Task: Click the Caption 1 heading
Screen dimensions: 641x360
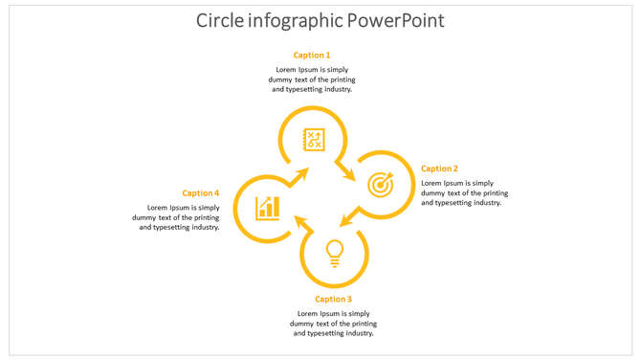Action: pyautogui.click(x=312, y=56)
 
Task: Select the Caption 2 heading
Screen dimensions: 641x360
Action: pyautogui.click(x=439, y=169)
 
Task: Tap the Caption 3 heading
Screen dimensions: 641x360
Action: pyautogui.click(x=333, y=300)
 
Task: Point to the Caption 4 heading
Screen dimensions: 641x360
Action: pyautogui.click(x=201, y=193)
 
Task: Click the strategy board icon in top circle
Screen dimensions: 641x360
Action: pyautogui.click(x=314, y=140)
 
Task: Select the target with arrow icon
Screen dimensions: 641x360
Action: pyautogui.click(x=381, y=183)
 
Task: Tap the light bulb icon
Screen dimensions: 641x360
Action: pyautogui.click(x=334, y=253)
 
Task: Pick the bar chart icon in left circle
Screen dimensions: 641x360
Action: pyautogui.click(x=268, y=208)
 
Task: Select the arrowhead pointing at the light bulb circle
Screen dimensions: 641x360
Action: pyautogui.click(x=346, y=223)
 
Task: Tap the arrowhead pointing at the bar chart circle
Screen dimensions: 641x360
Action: pyautogui.click(x=301, y=223)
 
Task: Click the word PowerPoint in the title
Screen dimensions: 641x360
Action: pyautogui.click(x=395, y=20)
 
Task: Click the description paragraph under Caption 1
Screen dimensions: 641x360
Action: pyautogui.click(x=312, y=79)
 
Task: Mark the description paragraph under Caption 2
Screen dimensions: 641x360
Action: pyautogui.click(x=463, y=192)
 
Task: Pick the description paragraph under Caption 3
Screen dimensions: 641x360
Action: pyautogui.click(x=333, y=324)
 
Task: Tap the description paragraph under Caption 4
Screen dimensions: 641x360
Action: pyautogui.click(x=177, y=217)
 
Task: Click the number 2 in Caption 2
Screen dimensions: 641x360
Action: pyautogui.click(x=454, y=169)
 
